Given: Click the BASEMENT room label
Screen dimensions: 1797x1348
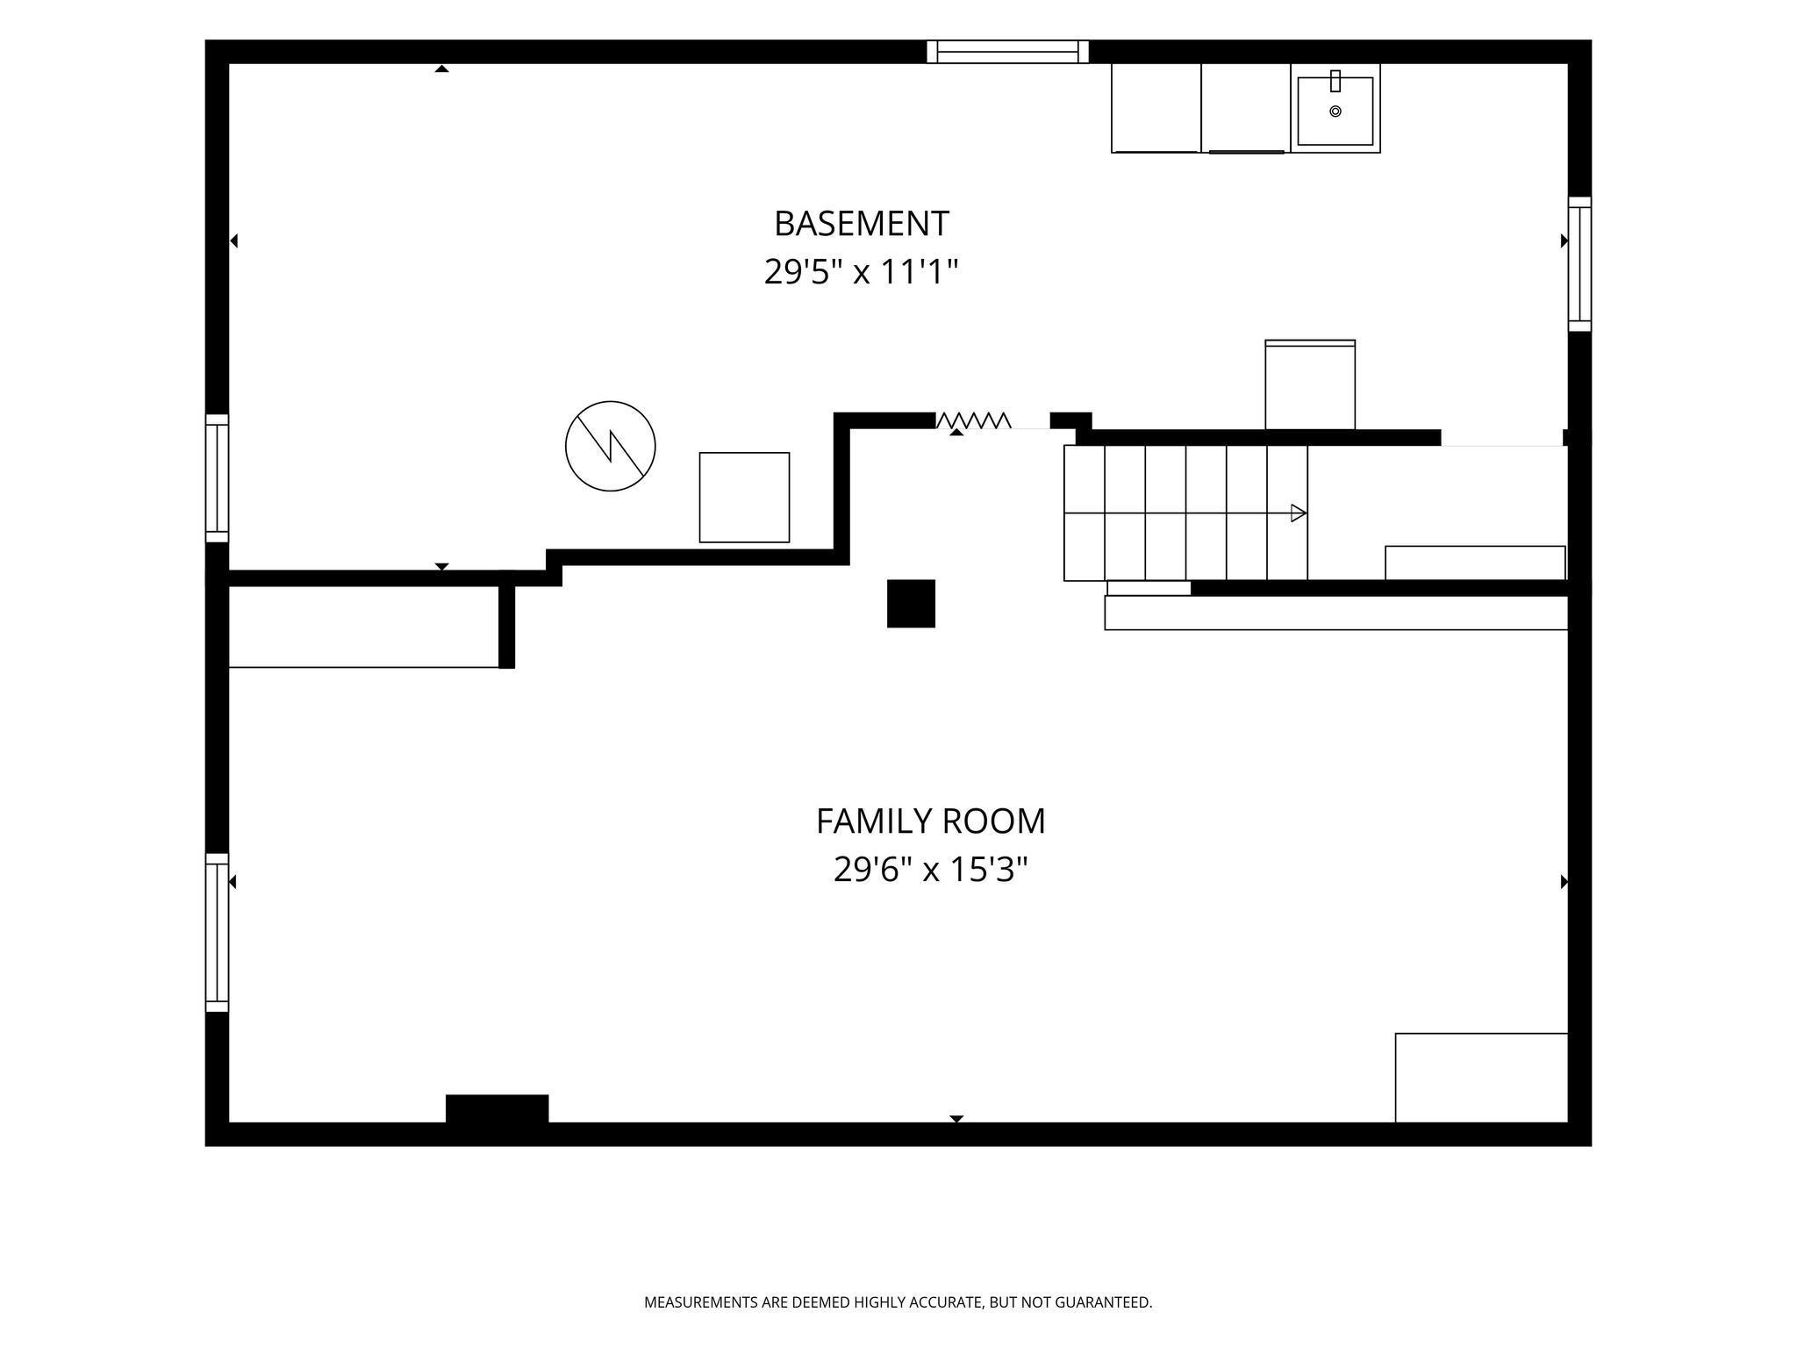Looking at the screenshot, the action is (x=861, y=224).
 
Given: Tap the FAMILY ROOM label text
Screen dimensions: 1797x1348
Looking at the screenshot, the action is (x=930, y=821).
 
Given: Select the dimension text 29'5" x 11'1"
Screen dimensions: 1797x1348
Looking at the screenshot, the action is (x=861, y=272).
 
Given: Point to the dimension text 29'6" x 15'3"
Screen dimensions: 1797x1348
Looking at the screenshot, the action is (x=930, y=870).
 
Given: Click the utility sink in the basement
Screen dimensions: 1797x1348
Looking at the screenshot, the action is (x=1335, y=108).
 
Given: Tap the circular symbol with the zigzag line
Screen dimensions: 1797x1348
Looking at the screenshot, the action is (x=611, y=446).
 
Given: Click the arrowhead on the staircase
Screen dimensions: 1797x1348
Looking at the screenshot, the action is (x=1299, y=513).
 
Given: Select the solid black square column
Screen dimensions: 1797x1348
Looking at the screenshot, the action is (x=911, y=604).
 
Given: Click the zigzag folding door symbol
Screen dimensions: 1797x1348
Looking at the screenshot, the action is (x=973, y=420).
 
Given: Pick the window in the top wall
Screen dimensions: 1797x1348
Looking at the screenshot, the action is (x=1008, y=52).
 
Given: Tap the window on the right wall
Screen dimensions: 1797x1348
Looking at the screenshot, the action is (x=1579, y=264).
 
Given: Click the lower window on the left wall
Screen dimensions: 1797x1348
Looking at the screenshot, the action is (x=217, y=932).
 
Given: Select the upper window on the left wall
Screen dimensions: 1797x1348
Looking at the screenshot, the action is (x=217, y=478).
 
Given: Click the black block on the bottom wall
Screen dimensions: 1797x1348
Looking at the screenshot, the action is (x=497, y=1108).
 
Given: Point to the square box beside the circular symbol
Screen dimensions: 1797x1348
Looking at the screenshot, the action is (x=744, y=498).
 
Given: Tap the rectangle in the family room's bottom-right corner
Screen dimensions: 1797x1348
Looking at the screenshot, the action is (x=1481, y=1078).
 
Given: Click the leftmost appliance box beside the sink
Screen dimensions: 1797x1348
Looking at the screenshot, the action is (x=1156, y=108).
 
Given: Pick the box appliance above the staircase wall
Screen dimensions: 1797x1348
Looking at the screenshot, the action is (x=1310, y=384).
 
